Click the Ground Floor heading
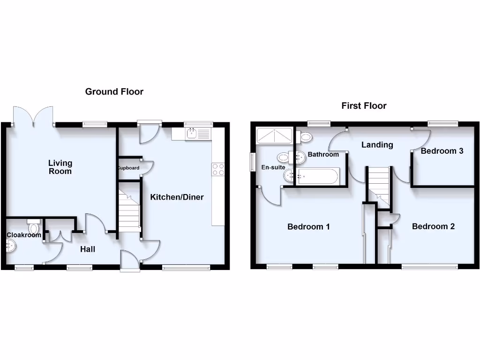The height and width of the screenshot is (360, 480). pyautogui.click(x=114, y=91)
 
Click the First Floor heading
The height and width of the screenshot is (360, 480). pyautogui.click(x=364, y=105)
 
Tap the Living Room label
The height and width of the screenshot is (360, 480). pyautogui.click(x=60, y=167)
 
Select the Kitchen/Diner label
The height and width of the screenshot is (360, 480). pyautogui.click(x=177, y=197)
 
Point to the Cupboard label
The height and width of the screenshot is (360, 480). pyautogui.click(x=128, y=168)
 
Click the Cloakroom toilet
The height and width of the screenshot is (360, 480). pyautogui.click(x=33, y=227)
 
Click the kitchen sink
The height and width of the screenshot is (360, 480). pyautogui.click(x=192, y=134)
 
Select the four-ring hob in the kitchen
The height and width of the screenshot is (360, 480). pyautogui.click(x=218, y=169)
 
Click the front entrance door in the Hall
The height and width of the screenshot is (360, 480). pyautogui.click(x=130, y=261)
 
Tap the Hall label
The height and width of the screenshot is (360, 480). pyautogui.click(x=87, y=249)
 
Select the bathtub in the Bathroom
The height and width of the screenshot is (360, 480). pyautogui.click(x=316, y=176)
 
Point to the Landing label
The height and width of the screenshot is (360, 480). pyautogui.click(x=377, y=145)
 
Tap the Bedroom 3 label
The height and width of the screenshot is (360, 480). pyautogui.click(x=442, y=151)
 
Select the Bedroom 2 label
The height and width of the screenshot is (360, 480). pyautogui.click(x=433, y=226)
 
